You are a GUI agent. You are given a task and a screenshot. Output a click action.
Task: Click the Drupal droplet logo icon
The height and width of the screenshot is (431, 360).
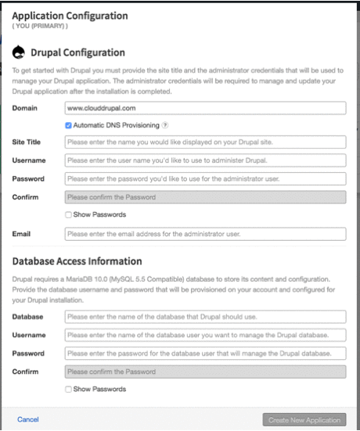(x=19, y=53)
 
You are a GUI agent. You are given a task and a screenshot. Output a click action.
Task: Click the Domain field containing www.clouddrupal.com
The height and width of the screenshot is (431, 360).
(x=205, y=108)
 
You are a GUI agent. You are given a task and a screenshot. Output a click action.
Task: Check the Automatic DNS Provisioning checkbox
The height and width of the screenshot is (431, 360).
(x=69, y=125)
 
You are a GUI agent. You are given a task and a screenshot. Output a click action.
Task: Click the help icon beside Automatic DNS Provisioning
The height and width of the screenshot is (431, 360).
(x=164, y=125)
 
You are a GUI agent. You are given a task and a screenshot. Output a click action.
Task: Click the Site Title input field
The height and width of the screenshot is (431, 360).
(x=205, y=142)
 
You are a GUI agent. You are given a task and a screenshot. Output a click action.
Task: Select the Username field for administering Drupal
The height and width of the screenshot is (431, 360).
(x=205, y=160)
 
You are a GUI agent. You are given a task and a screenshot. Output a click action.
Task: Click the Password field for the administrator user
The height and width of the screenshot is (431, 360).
(x=205, y=178)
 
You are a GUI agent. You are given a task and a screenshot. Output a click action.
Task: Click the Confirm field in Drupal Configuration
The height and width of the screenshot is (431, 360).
(x=205, y=196)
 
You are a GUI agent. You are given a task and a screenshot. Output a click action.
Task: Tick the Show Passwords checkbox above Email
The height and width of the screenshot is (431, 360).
(x=69, y=214)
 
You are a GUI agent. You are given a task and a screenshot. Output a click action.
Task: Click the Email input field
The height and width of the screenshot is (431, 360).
(x=205, y=233)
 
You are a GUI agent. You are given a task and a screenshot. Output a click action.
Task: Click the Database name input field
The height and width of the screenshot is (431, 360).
(x=205, y=317)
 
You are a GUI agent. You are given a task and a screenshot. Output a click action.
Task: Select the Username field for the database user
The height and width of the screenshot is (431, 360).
(x=205, y=335)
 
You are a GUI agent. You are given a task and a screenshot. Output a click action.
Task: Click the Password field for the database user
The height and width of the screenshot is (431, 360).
(x=205, y=353)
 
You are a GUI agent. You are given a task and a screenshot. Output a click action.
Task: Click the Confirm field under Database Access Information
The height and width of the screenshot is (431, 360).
(x=205, y=371)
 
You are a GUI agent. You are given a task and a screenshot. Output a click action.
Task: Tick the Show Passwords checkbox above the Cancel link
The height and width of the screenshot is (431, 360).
(x=69, y=389)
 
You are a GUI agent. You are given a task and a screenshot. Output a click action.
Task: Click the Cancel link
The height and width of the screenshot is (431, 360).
(x=28, y=420)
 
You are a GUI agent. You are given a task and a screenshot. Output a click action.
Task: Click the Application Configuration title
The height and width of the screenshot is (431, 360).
(x=69, y=15)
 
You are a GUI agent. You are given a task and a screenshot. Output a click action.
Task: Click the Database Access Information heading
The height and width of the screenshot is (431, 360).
(x=77, y=261)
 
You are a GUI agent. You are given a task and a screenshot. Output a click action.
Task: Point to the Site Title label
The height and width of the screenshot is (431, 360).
(x=27, y=142)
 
